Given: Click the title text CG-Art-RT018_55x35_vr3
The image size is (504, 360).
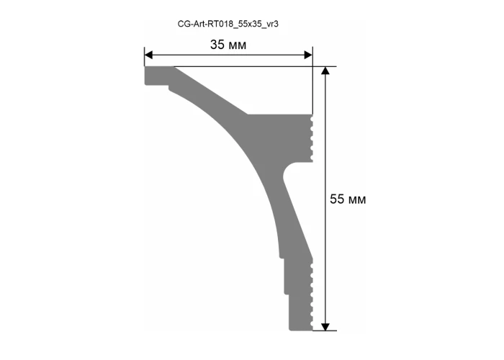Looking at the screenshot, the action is (228, 24).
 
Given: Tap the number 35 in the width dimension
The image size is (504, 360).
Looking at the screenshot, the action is (217, 45).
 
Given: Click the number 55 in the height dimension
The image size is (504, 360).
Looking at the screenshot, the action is (337, 199).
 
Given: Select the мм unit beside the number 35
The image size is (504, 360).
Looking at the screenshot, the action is (238, 45).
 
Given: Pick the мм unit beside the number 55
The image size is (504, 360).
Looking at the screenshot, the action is (357, 200).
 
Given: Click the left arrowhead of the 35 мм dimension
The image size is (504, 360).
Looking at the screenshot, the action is (148, 55).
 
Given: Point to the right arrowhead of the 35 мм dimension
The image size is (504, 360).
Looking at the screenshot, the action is (308, 55).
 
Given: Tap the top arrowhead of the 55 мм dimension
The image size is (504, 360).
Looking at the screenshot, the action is (325, 71).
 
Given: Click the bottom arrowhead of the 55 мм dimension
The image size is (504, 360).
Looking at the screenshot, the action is (325, 327).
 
